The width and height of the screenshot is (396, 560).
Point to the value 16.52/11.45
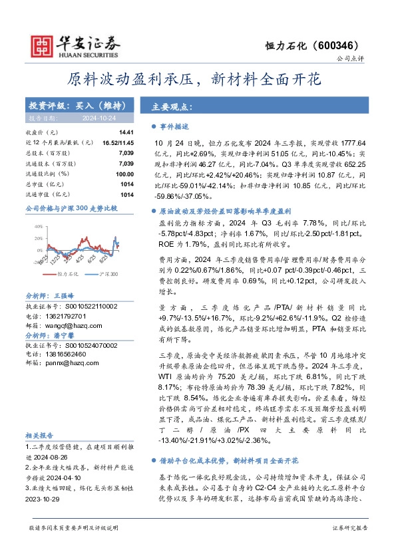(118, 143)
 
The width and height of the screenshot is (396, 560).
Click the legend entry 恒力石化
(69, 273)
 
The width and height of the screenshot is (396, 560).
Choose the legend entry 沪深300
(108, 273)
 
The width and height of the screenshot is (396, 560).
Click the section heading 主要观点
(172, 106)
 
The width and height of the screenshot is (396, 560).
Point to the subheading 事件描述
(175, 126)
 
